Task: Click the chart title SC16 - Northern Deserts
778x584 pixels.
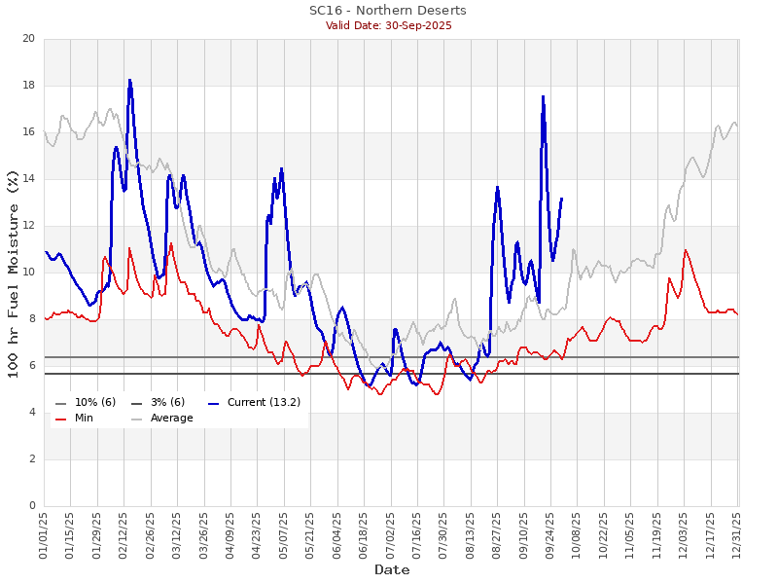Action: (x=388, y=11)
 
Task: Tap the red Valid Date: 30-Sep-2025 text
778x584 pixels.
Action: (x=388, y=25)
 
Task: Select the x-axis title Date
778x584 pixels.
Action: (x=392, y=569)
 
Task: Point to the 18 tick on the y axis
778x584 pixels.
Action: (x=28, y=86)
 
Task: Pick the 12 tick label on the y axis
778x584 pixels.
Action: (x=28, y=226)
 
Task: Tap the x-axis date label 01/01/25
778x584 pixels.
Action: (x=45, y=535)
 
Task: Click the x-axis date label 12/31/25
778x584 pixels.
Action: (x=737, y=535)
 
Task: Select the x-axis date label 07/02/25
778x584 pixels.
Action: (x=391, y=535)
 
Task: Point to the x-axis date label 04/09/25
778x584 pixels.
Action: (x=230, y=535)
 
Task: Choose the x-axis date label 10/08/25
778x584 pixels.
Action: (x=578, y=535)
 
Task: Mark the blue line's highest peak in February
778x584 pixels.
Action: (x=129, y=80)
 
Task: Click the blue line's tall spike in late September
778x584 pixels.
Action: (x=543, y=95)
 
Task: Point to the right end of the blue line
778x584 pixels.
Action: (x=561, y=198)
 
